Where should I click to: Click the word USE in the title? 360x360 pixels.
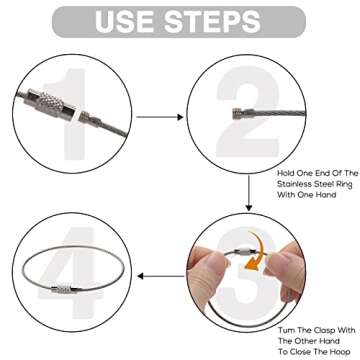126,21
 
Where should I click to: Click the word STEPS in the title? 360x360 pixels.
212,21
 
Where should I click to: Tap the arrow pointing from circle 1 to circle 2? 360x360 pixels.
160,117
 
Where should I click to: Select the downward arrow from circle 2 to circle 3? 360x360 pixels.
249,193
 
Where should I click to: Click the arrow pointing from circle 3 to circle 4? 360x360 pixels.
161,276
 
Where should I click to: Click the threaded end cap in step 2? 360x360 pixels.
237,112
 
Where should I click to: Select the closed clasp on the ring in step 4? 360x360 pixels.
66,289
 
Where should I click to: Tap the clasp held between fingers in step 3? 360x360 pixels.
245,252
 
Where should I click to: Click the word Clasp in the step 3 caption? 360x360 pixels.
330,330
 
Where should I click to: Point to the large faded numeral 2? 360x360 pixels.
247,112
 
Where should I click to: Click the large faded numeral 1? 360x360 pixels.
69,114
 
